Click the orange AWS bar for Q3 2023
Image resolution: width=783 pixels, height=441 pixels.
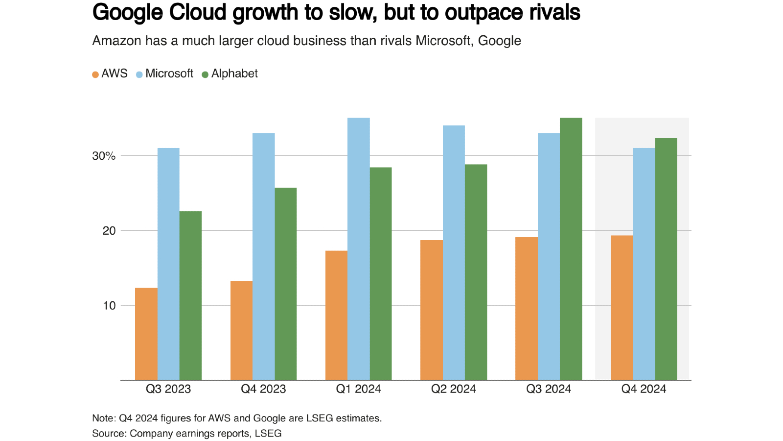(x=146, y=334)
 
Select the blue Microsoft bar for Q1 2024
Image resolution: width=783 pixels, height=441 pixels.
(x=358, y=249)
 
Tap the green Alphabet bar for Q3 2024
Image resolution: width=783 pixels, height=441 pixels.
(x=571, y=249)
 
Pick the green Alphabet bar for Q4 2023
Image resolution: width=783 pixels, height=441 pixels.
(x=285, y=284)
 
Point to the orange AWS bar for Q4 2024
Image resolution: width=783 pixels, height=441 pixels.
(x=622, y=308)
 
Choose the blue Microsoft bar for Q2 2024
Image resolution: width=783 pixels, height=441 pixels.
(x=454, y=253)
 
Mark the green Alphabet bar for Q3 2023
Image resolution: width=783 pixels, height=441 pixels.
(x=190, y=295)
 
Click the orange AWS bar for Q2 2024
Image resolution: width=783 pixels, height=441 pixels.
(x=431, y=310)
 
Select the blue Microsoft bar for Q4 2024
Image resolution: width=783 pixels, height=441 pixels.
(x=644, y=264)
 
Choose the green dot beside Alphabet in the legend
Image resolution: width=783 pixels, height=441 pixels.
(x=205, y=74)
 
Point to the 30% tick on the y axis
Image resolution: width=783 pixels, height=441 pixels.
(x=104, y=156)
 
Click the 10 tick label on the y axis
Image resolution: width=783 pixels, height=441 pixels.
(x=109, y=305)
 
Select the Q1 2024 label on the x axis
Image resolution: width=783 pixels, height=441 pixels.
(x=358, y=389)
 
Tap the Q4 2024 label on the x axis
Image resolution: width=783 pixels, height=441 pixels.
(x=644, y=389)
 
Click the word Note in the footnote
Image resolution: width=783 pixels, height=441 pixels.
(x=103, y=418)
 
